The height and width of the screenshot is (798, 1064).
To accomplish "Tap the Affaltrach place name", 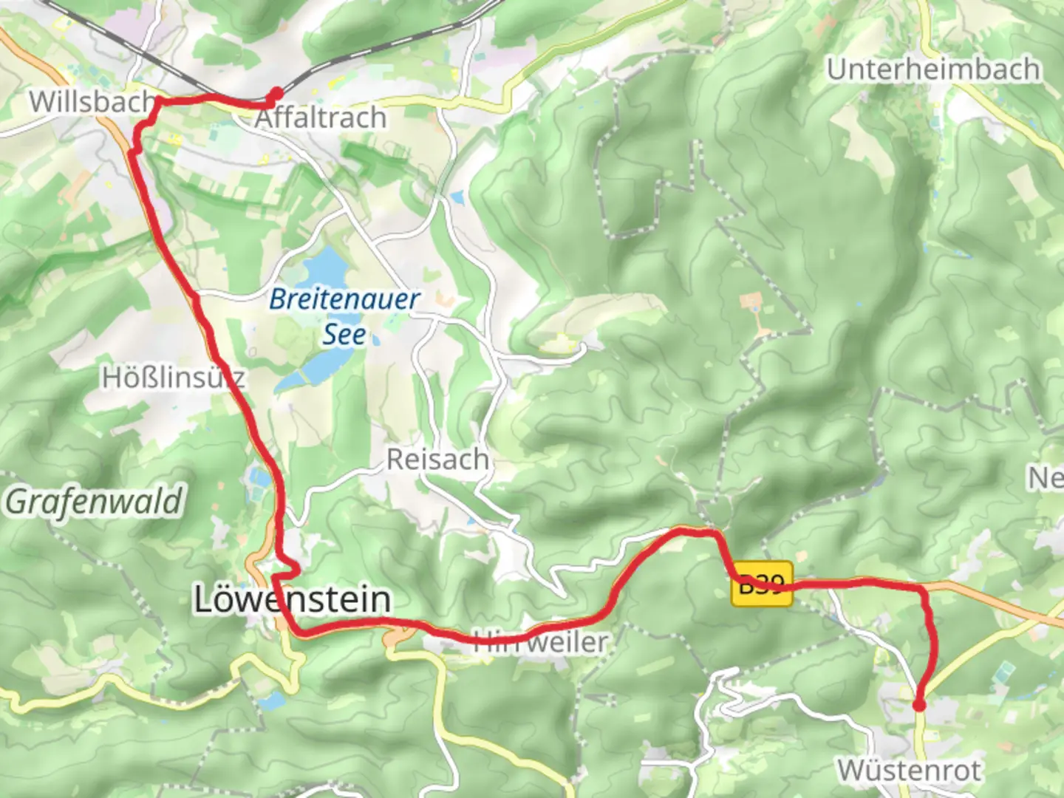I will pos(321,117).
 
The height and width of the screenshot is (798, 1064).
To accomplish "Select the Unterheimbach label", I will pos(933,69).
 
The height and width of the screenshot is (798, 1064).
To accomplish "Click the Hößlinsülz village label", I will pos(173,378).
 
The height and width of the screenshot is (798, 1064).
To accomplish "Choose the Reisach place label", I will pos(437,460).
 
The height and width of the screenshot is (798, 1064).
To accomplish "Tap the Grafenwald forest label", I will pos(93,502).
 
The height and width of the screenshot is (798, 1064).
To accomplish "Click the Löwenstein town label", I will pos(292,598).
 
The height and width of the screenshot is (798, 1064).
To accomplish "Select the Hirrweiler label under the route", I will pos(541,642).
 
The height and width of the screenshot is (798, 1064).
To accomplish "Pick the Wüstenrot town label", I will pos(910,770).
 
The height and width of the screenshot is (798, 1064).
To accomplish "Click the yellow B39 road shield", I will pos(762,584).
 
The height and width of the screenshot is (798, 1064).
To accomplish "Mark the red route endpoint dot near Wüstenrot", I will pos(919,705).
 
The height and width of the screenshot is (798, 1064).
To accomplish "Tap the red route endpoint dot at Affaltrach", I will pos(275,94).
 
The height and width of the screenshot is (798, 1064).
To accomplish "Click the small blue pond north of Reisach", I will pos(457,198).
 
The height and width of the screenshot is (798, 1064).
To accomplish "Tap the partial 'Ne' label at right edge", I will pos(1046,478).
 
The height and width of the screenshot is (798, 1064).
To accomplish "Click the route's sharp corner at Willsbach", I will pos(157,100).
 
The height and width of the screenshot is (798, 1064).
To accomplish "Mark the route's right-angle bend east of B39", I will pos(922,589).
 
